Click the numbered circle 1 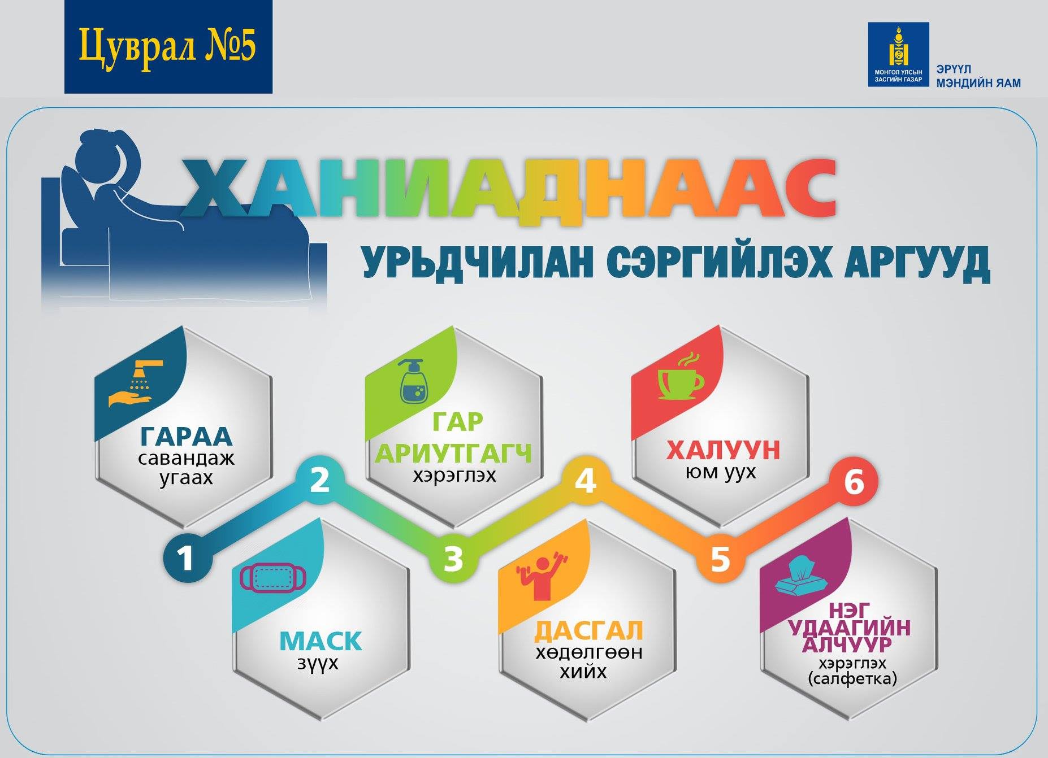[x=186, y=558]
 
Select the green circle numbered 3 [x=453, y=558]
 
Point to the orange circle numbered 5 [x=720, y=558]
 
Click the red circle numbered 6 [x=854, y=482]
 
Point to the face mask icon [x=273, y=578]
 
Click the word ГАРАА [x=186, y=436]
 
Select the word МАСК [x=320, y=641]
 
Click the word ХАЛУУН [x=723, y=451]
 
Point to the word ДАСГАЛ [x=589, y=631]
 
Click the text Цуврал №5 [x=167, y=47]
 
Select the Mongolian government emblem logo [x=898, y=54]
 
